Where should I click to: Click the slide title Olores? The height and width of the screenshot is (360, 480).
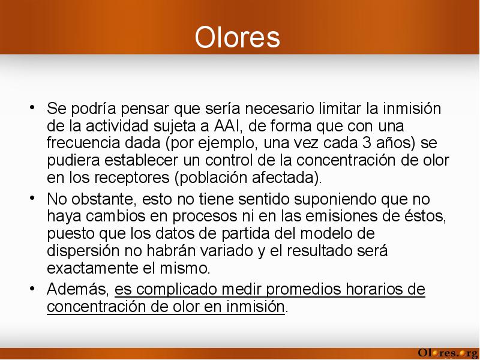(x=237, y=37)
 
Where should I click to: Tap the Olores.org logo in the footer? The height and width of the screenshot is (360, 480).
(x=448, y=353)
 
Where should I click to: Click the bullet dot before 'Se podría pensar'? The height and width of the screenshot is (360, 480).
(x=32, y=107)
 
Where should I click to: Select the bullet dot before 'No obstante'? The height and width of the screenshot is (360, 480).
(x=32, y=198)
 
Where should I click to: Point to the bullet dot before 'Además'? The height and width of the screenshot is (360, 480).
(x=32, y=288)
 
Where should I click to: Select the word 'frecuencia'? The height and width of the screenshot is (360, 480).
(x=83, y=143)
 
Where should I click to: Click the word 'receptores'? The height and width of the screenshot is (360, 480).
(x=132, y=178)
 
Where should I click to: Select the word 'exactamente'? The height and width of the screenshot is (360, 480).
(x=92, y=268)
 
